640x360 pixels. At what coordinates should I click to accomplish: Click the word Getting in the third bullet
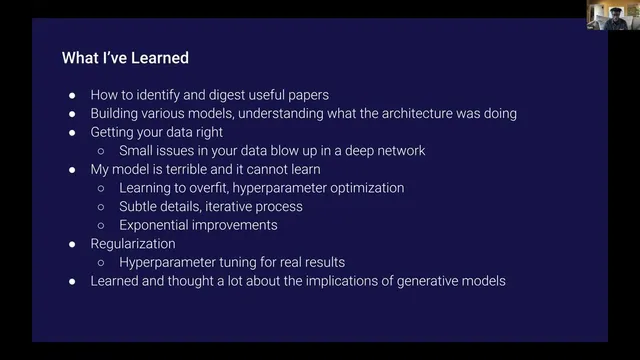[116, 132]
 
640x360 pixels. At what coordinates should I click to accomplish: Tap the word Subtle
[141, 206]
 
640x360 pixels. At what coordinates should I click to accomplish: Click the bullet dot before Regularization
[72, 244]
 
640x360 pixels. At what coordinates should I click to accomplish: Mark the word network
[398, 150]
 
